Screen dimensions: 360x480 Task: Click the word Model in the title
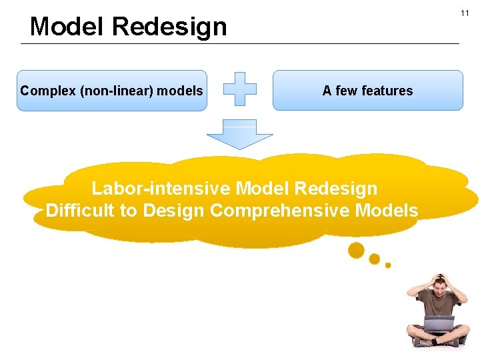pos(67,27)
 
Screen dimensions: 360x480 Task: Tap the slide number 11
pos(465,13)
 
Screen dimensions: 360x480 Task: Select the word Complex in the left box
pos(47,91)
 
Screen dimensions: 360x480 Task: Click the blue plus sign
pos(239,89)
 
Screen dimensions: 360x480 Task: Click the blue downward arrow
pos(239,136)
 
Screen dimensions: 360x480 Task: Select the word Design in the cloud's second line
pos(173,211)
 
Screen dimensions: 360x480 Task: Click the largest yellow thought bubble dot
pos(357,250)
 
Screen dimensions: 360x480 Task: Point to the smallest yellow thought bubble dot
pos(388,265)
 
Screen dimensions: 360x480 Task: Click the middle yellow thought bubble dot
pos(375,259)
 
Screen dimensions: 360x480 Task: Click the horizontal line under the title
pos(240,44)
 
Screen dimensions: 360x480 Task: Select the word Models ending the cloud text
pos(387,211)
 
